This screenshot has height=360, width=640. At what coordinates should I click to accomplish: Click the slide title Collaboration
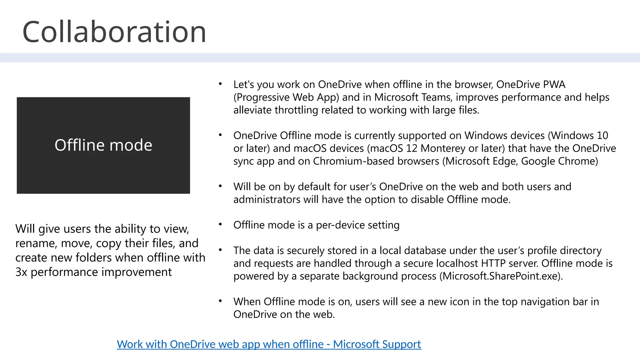coord(114,32)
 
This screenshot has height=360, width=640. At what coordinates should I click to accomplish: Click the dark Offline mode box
coord(103,145)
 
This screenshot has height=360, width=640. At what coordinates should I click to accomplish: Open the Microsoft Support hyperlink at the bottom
coord(269,344)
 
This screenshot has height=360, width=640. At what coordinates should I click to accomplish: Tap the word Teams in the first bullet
coord(436,97)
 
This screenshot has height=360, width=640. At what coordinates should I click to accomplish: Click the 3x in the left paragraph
coord(21,272)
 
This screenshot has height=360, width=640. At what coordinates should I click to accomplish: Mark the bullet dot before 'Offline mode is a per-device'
coord(220,224)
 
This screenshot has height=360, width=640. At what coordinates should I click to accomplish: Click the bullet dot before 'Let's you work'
coord(220,83)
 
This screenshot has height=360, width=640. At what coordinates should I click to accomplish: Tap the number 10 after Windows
coord(602,135)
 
